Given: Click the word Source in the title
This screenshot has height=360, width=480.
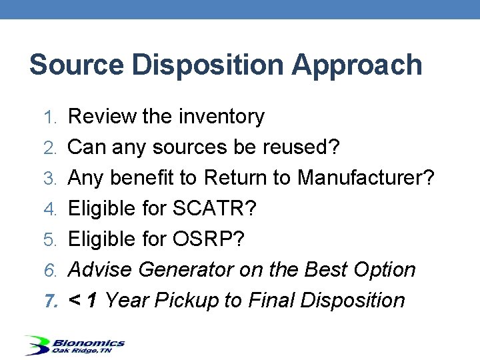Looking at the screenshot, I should pos(75,65).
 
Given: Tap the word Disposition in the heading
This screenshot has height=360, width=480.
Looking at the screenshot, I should pos(206,65).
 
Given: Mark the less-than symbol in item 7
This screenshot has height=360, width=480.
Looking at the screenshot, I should pos(75,301).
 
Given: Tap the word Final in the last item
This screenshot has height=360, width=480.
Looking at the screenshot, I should pos(272,301).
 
